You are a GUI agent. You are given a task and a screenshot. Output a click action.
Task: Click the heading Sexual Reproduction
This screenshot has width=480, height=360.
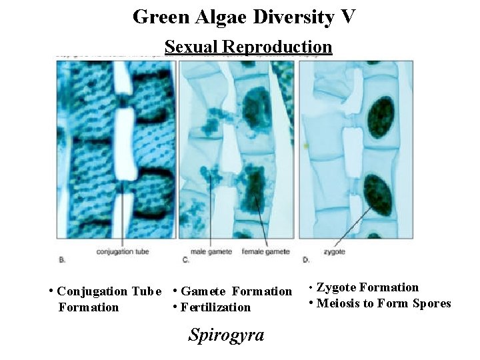[x=248, y=47]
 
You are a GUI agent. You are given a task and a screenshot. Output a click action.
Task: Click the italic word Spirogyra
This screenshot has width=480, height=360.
[x=226, y=334]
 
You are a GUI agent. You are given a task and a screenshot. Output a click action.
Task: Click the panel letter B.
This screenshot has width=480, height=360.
[x=62, y=256]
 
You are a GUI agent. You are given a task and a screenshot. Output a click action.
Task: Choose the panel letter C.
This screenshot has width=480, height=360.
[x=185, y=256]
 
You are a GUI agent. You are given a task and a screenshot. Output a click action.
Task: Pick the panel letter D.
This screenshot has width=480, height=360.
[x=305, y=256]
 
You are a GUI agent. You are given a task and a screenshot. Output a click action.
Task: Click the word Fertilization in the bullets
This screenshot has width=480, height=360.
[x=216, y=307]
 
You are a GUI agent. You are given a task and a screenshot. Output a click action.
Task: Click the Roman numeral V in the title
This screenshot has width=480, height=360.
[x=349, y=16]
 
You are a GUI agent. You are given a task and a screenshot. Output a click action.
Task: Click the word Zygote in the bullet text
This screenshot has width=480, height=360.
[x=336, y=288]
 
